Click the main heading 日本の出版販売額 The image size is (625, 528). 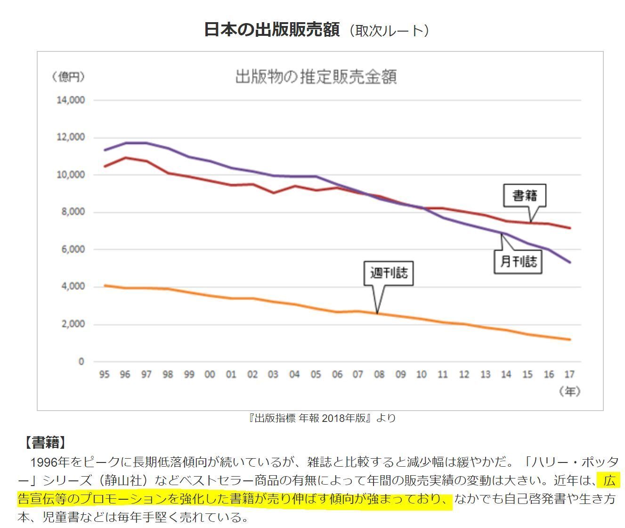click(271, 30)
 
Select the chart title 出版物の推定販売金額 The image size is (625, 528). click(316, 76)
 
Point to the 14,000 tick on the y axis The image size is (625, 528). click(71, 100)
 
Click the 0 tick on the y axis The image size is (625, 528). click(81, 362)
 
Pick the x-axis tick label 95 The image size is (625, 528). click(104, 375)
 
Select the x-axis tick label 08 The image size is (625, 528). click(379, 375)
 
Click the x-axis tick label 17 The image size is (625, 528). click(569, 375)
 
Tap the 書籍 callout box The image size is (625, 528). click(524, 195)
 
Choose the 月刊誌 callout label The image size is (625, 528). click(518, 261)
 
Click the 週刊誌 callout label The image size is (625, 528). click(388, 273)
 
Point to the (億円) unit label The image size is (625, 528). click(68, 77)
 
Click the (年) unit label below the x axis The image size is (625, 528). click(569, 391)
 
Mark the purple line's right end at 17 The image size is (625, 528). click(570, 262)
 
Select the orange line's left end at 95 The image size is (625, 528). click(105, 285)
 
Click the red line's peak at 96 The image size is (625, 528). click(125, 157)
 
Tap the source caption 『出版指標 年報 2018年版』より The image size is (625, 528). click(322, 418)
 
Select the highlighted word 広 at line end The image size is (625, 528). click(609, 481)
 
